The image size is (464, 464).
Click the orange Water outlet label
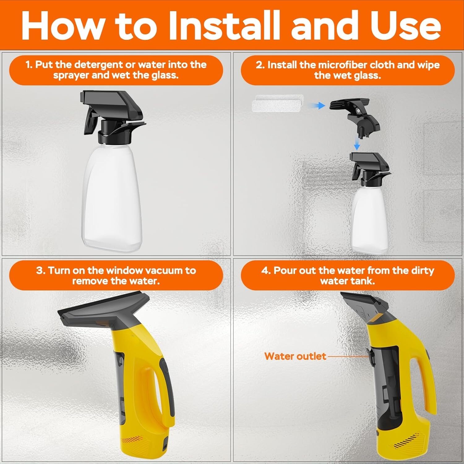tap(295, 356)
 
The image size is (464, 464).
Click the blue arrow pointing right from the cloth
tap(317, 106)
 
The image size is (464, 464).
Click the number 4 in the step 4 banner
tap(265, 270)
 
